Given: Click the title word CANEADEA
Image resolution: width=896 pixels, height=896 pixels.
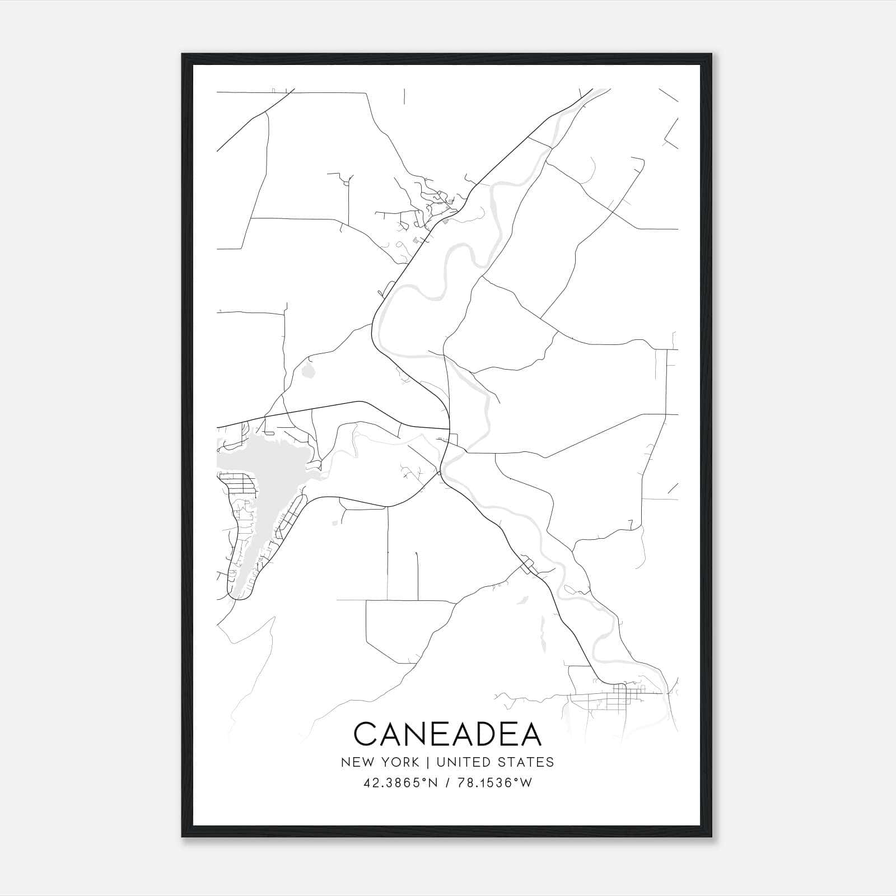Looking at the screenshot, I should click(447, 734).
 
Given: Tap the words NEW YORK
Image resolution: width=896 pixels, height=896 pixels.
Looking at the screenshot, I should click(379, 762).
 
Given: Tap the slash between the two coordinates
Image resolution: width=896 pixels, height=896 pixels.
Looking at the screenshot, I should click(449, 783).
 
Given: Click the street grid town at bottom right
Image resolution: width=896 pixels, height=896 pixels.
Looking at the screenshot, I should click(619, 697).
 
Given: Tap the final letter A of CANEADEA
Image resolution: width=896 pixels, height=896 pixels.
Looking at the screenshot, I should click(530, 734).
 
